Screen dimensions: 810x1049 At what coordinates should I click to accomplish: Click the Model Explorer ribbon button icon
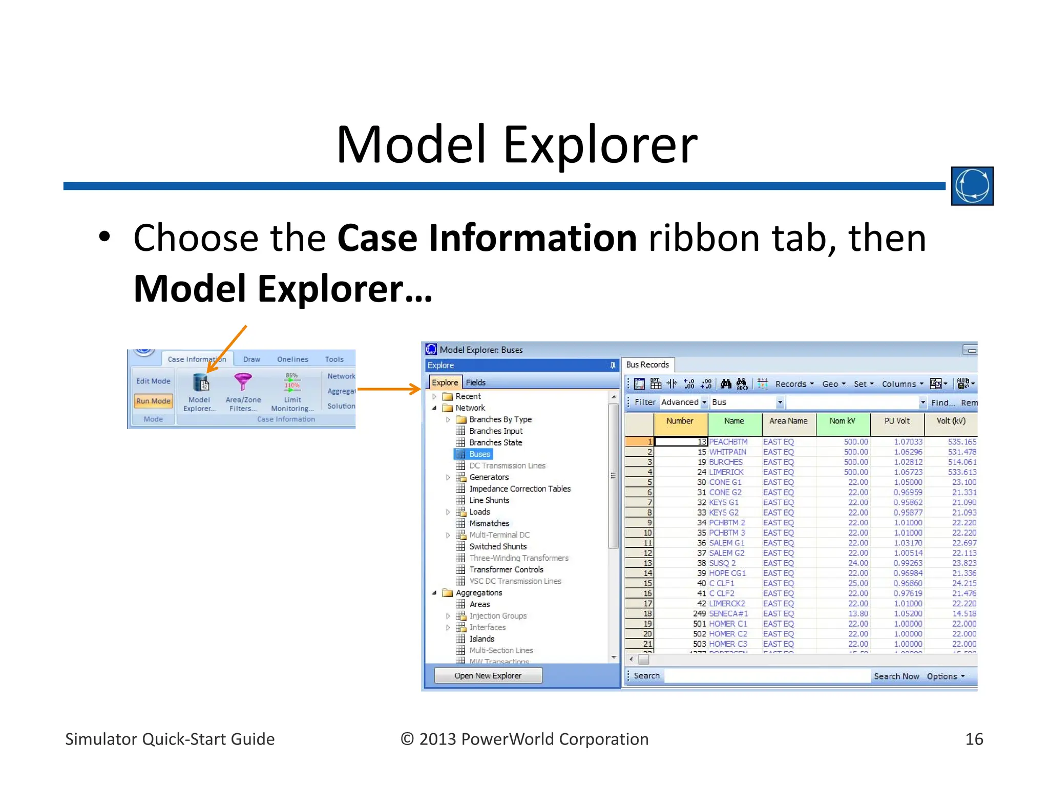pyautogui.click(x=200, y=382)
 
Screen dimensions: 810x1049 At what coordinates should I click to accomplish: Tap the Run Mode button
pyautogui.click(x=153, y=401)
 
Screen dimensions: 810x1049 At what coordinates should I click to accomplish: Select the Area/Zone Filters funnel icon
pyautogui.click(x=243, y=381)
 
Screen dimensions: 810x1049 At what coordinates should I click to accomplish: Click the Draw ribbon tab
pyautogui.click(x=251, y=359)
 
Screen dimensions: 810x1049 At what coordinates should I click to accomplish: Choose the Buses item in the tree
pyautogui.click(x=479, y=454)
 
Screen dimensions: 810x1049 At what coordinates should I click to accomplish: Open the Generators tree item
pyautogui.click(x=489, y=477)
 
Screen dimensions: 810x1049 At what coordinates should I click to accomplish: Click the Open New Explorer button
pyautogui.click(x=488, y=675)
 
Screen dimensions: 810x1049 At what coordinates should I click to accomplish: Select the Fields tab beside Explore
pyautogui.click(x=475, y=382)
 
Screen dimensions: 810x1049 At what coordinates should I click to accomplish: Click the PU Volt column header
pyautogui.click(x=897, y=421)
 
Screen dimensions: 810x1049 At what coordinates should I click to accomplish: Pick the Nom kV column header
pyautogui.click(x=842, y=421)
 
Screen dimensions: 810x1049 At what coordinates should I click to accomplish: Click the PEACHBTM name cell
pyautogui.click(x=728, y=441)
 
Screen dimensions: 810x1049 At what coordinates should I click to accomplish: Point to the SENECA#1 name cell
pyautogui.click(x=728, y=613)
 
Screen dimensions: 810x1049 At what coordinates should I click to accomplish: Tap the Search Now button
pyautogui.click(x=896, y=676)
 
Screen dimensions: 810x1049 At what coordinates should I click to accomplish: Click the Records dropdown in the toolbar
pyautogui.click(x=794, y=384)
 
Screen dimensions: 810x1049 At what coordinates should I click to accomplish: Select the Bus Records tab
pyautogui.click(x=647, y=365)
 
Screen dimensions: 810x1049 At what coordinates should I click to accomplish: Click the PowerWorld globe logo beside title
pyautogui.click(x=972, y=186)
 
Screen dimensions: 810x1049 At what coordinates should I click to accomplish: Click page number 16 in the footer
pyautogui.click(x=974, y=739)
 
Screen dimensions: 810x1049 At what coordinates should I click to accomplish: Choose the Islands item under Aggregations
pyautogui.click(x=481, y=639)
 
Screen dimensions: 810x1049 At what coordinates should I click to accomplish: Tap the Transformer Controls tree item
pyautogui.click(x=506, y=569)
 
